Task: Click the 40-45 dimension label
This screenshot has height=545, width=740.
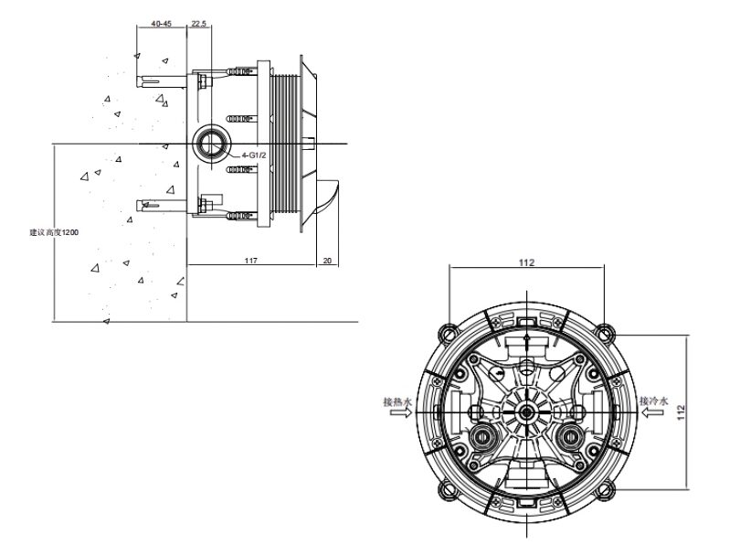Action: (162, 24)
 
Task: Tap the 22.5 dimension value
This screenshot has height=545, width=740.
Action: (199, 24)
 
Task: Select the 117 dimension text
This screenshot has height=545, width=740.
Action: (251, 261)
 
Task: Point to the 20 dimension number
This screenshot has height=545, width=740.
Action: (328, 261)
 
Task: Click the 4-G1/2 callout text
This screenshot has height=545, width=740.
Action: (254, 155)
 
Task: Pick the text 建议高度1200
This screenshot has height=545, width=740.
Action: (54, 232)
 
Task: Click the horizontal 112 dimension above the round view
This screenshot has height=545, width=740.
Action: (527, 262)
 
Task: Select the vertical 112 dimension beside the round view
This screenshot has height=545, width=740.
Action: (680, 412)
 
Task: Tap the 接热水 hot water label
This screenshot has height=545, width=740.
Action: (397, 402)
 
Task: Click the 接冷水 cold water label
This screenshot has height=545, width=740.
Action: (654, 401)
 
